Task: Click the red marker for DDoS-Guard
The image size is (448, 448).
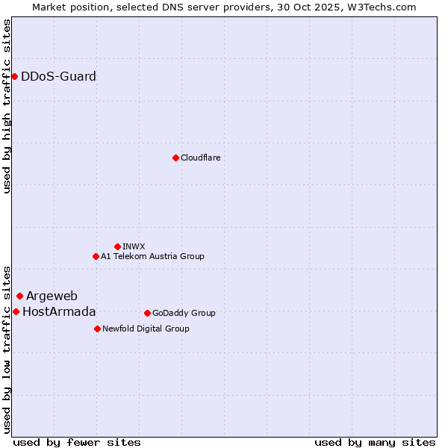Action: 14,76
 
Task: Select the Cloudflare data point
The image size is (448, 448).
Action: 175,158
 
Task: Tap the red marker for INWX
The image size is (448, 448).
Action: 117,246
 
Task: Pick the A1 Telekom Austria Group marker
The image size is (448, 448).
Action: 96,256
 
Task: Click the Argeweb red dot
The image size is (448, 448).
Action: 19,296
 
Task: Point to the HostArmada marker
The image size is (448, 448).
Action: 16,311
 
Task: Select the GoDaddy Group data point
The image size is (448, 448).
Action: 147,313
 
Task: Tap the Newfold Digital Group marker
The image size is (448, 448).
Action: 97,329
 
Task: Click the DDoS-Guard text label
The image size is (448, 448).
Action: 58,76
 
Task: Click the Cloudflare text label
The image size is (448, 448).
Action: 200,158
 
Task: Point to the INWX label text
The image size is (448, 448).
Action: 134,246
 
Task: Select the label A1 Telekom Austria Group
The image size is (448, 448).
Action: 152,256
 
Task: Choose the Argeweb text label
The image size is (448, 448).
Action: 52,296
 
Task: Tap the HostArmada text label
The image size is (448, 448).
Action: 59,311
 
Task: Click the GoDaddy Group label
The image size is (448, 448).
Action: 183,313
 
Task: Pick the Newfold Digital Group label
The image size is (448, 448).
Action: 146,329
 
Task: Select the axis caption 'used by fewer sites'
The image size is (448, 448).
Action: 77,442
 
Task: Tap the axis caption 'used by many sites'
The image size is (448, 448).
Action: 375,442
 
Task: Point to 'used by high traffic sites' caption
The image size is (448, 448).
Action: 7,106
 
